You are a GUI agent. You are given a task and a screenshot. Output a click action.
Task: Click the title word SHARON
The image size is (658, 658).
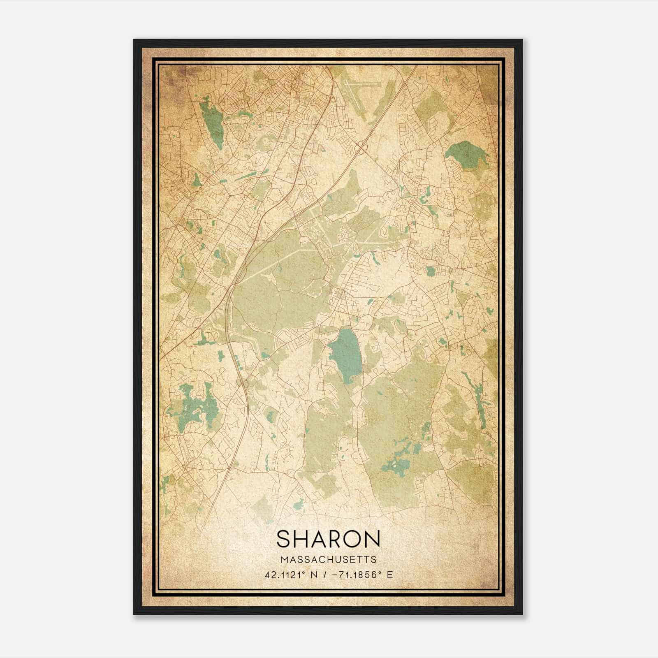point(328,538)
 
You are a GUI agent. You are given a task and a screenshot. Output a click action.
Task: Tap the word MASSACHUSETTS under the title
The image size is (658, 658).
point(329,560)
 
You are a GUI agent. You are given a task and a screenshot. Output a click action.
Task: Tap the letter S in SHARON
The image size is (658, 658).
point(283,538)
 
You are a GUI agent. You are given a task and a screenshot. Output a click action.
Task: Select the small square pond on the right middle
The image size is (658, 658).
point(431,271)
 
